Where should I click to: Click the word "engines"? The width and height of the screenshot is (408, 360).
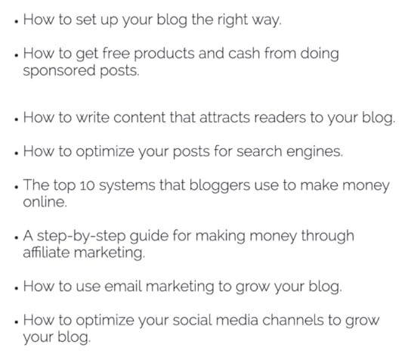coord(317,151)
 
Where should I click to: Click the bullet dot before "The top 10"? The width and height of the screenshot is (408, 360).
coord(17,188)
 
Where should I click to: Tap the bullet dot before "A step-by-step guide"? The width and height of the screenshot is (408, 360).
coord(17,238)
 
